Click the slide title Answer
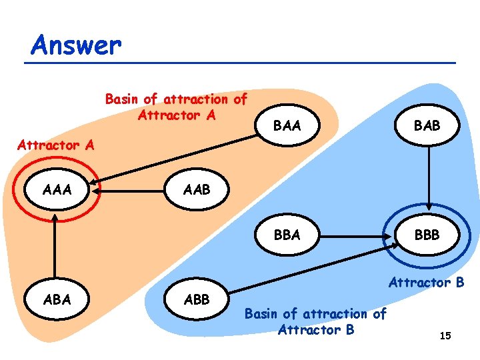pos(76,45)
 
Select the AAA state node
pos(57,189)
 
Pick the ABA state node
pos(57,299)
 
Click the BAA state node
pos(287,125)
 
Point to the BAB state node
pos(427,125)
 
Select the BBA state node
pos(287,235)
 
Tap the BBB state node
pos(427,235)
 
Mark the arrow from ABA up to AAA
pos(53,247)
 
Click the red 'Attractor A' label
pos(56,144)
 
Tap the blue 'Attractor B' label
pos(426,283)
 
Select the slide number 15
pos(445,336)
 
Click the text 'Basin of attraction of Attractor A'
pos(176,107)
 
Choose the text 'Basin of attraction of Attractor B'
pos(315,321)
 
